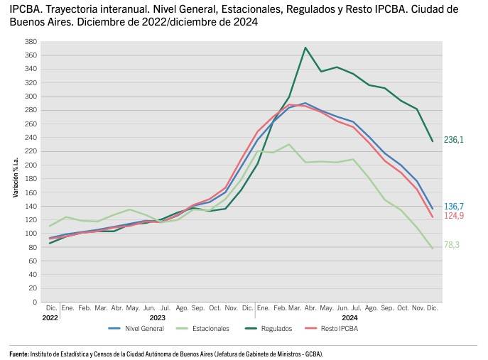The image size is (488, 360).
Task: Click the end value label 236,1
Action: pyautogui.click(x=454, y=141)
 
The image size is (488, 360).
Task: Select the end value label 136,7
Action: pyautogui.click(x=454, y=206)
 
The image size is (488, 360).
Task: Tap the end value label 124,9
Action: pyautogui.click(x=454, y=216)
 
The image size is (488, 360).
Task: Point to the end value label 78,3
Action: pyautogui.click(x=452, y=245)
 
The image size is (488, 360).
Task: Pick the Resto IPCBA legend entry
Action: pyautogui.click(x=339, y=329)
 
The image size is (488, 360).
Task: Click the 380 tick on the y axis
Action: pyautogui.click(x=30, y=42)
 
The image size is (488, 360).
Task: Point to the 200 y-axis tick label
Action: pyautogui.click(x=30, y=165)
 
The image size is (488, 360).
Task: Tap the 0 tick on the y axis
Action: pyautogui.click(x=33, y=302)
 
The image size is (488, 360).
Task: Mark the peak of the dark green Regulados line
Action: pyautogui.click(x=305, y=48)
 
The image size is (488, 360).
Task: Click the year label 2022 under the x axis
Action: pyautogui.click(x=50, y=318)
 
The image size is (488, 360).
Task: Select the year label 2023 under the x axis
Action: pyautogui.click(x=158, y=318)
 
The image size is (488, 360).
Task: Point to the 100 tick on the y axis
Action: pyautogui.click(x=30, y=234)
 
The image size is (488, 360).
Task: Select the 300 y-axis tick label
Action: pyautogui.click(x=30, y=97)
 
